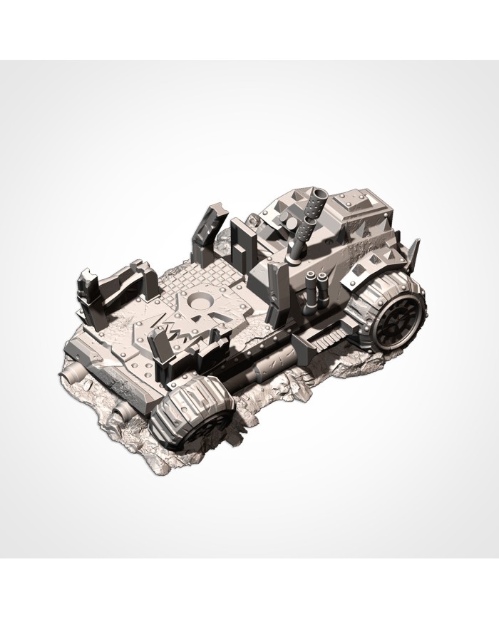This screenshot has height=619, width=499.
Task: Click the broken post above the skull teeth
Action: point(158,348)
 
